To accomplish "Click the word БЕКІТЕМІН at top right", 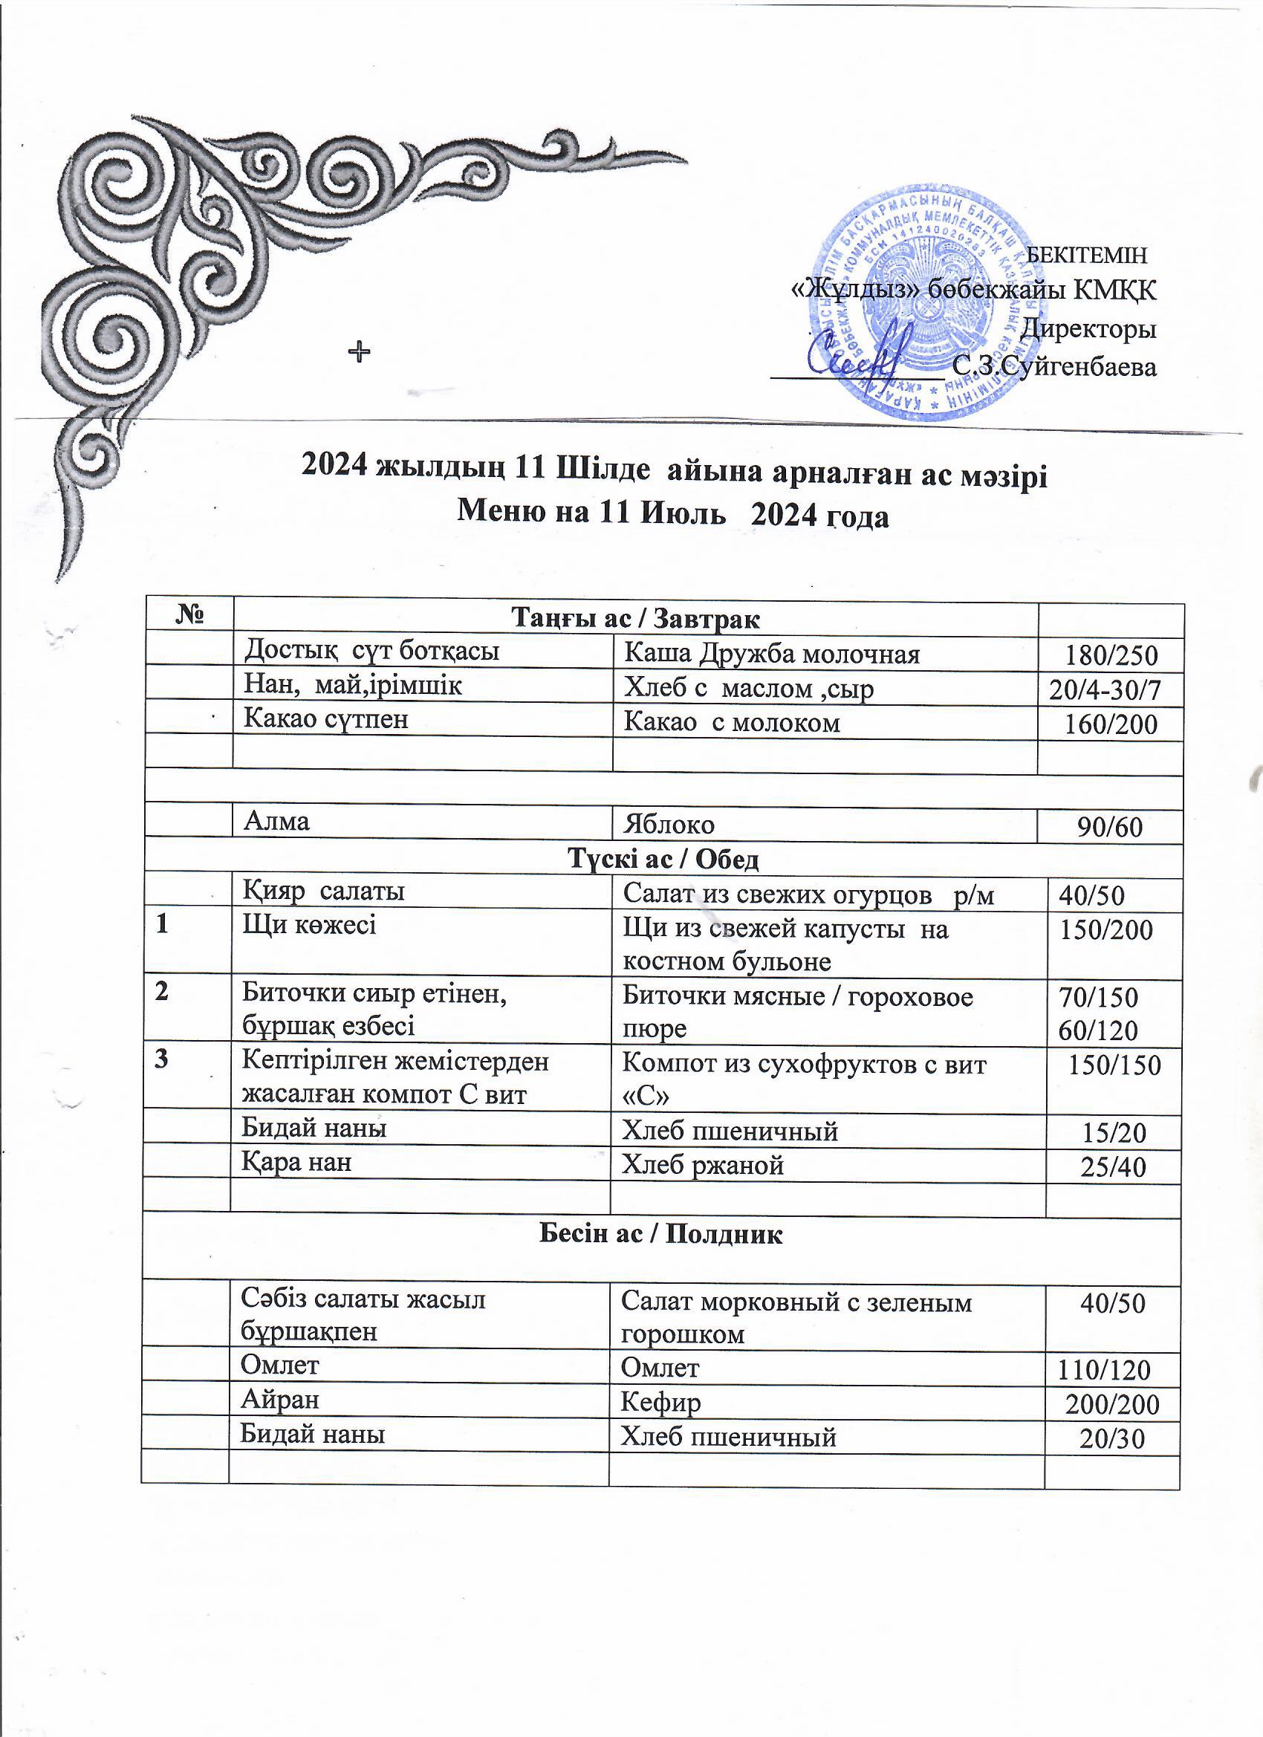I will coord(1086,254).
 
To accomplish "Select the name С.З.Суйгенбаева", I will coord(1055,368).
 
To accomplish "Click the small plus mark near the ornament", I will coord(358,352).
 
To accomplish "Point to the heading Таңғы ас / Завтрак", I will coord(635,617).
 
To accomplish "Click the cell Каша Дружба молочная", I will coord(772,654).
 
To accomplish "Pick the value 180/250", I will coord(1111,655).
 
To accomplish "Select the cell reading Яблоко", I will coord(669,825).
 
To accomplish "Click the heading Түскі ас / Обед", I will coord(663,860).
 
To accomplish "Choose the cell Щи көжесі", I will coord(309,925).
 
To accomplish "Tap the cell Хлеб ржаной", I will coord(703,1166).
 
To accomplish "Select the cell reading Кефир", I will coord(660,1403).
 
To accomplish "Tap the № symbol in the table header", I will coord(189,615).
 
